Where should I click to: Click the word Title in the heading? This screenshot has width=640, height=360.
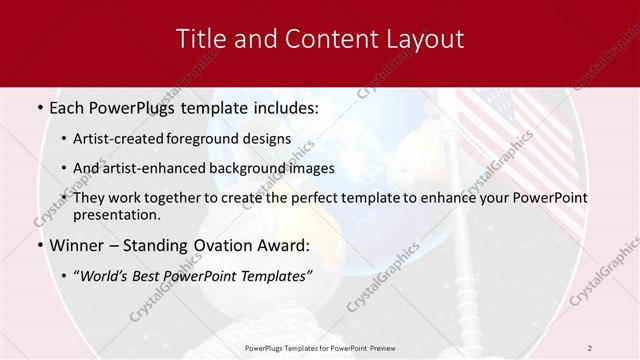click(x=201, y=40)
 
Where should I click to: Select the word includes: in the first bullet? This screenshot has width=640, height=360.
click(x=283, y=107)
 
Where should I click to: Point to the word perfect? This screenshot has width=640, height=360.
click(x=296, y=198)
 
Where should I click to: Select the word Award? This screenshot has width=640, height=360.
click(x=284, y=245)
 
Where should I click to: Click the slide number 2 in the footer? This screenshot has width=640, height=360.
click(x=589, y=347)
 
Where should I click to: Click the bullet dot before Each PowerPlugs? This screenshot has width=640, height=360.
click(x=39, y=108)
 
